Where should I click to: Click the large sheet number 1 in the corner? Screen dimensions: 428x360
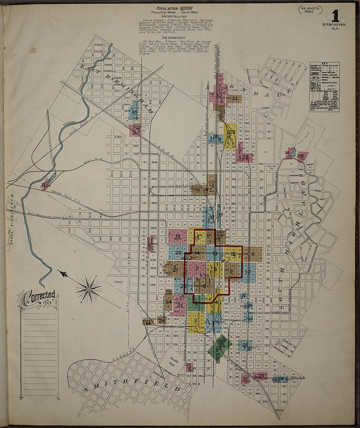(335, 16)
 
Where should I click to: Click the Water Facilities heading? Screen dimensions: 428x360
(174, 16)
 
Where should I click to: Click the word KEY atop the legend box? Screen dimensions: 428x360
(324, 63)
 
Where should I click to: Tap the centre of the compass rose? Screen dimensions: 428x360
(89, 289)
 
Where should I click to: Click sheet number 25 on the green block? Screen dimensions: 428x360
(218, 348)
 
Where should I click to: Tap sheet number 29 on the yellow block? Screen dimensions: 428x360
(232, 132)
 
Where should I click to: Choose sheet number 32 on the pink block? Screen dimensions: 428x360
(219, 96)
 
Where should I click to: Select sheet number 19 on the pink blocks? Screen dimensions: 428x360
(178, 236)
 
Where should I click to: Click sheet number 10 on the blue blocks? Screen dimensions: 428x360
(248, 272)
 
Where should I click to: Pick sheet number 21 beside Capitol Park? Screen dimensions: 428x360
(175, 270)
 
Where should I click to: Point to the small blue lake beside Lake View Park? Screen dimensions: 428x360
(293, 152)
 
